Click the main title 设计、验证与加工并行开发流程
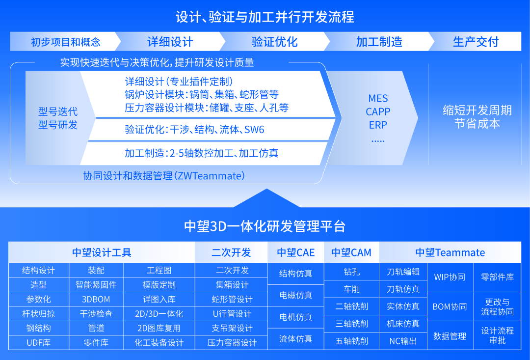click(265, 17)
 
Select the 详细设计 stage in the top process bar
click(170, 42)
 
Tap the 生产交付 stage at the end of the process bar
click(475, 42)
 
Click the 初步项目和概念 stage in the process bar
click(65, 42)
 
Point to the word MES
click(378, 98)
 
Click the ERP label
click(378, 125)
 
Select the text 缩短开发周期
click(477, 110)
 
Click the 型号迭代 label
click(58, 111)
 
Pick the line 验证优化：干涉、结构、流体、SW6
click(194, 130)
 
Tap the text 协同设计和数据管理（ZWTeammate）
click(164, 175)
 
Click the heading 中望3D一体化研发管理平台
click(265, 226)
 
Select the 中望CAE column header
click(295, 252)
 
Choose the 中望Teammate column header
click(450, 252)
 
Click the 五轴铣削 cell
click(352, 341)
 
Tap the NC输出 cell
click(403, 341)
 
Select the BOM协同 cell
click(450, 306)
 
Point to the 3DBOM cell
click(96, 299)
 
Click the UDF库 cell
click(38, 342)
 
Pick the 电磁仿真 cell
click(295, 295)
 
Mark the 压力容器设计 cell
click(232, 342)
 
